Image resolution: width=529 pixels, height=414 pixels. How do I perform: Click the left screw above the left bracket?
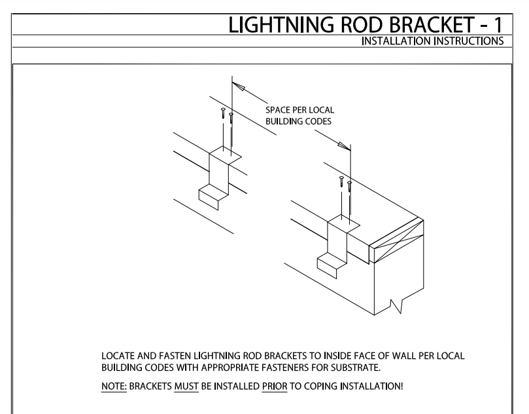[223, 113]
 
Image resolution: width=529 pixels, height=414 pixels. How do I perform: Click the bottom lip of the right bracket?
[330, 265]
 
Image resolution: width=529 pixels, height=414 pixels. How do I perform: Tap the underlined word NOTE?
[109, 385]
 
